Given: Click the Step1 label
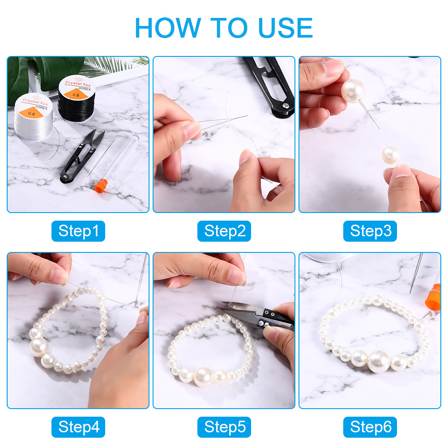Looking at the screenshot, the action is tap(78, 231).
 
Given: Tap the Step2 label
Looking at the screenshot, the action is tap(224, 231).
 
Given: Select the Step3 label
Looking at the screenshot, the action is tap(370, 231).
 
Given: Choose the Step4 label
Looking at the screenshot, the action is tap(78, 427).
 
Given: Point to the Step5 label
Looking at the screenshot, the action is tap(224, 427).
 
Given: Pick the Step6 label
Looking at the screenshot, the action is tap(370, 427).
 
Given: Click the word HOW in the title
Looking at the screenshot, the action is tap(168, 28).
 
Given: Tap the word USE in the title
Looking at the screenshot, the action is tap(285, 28).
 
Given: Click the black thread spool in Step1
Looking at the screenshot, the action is tap(77, 98).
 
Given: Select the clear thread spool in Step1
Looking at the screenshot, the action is tap(34, 117).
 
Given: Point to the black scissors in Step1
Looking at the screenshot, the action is tap(81, 157).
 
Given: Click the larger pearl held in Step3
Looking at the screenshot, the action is tap(353, 91).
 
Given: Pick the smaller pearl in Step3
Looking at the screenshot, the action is tap(391, 155).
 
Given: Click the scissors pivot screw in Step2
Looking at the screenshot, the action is tap(286, 106).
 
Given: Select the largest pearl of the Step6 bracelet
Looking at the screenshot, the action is tap(379, 361).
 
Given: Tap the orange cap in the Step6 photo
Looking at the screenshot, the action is tap(433, 297).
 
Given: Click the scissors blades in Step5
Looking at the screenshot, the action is tap(240, 310).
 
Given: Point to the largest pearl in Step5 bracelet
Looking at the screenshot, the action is tap(204, 377).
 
